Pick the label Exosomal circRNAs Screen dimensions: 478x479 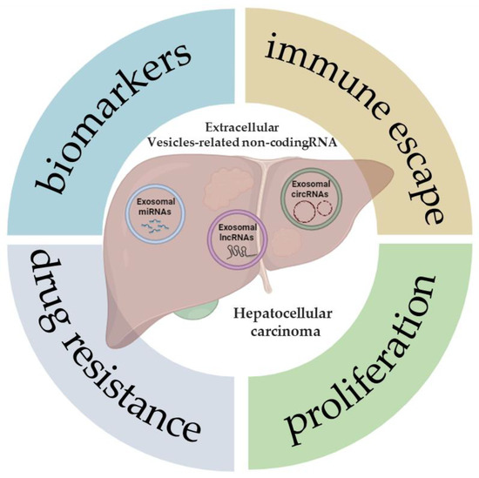[311, 190]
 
